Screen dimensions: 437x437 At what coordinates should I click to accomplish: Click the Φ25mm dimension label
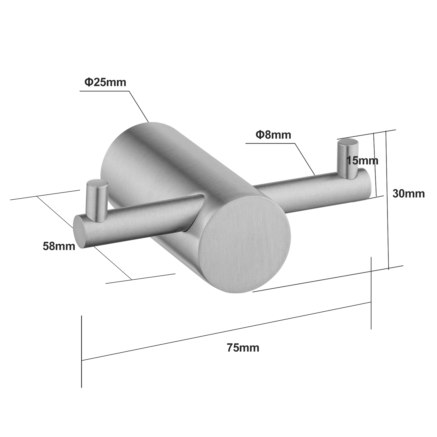(105, 82)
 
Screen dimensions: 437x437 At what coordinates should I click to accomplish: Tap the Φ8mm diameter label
(273, 135)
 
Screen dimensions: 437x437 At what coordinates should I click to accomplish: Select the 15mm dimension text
(362, 161)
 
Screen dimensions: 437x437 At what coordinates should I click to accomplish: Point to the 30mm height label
(408, 194)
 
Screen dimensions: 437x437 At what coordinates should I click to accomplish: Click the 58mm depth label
(59, 246)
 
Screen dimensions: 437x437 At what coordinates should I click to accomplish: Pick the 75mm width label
(243, 348)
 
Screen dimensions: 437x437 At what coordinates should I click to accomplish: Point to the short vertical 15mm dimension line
(375, 164)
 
